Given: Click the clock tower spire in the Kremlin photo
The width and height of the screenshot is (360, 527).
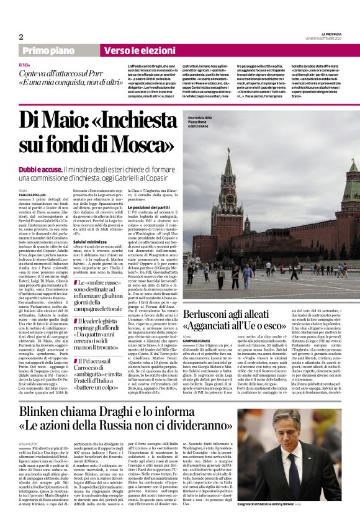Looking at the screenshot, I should (228, 168).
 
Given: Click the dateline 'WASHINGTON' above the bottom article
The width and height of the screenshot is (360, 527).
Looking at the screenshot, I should (29, 444).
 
